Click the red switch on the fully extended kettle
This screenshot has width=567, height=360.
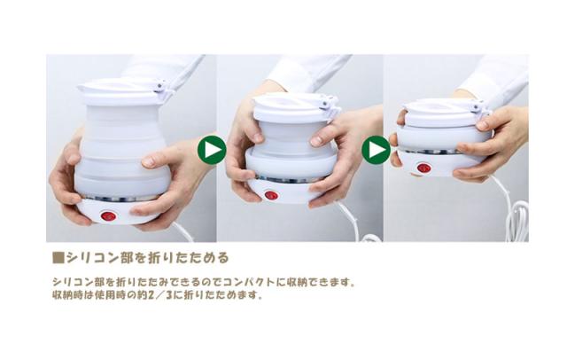pyautogui.click(x=108, y=216)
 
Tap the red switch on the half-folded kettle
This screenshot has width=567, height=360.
pyautogui.click(x=271, y=195)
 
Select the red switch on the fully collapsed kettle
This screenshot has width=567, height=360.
pyautogui.click(x=423, y=168)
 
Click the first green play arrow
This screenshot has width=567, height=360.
pyautogui.click(x=212, y=150)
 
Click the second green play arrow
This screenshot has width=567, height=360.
pyautogui.click(x=376, y=150)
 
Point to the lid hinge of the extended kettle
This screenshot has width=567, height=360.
pyautogui.click(x=161, y=87)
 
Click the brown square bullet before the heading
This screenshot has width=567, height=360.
pyautogui.click(x=58, y=258)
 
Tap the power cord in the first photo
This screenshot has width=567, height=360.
pyautogui.click(x=185, y=232)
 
